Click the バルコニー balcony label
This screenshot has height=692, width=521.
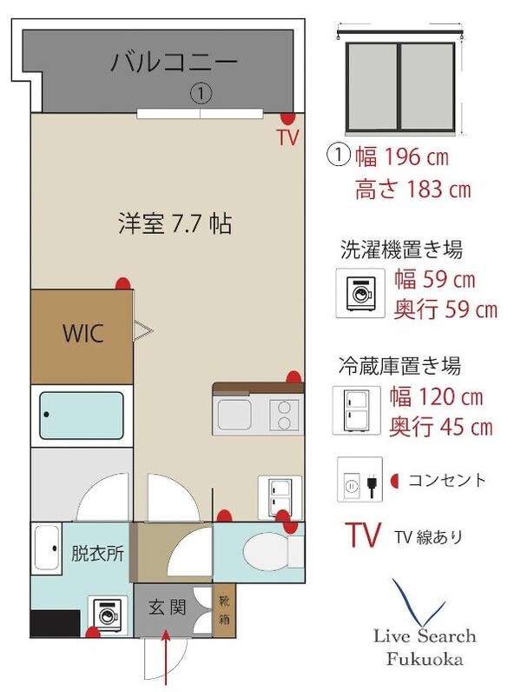pos(174,63)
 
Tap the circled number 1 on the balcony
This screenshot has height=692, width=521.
pos(200,91)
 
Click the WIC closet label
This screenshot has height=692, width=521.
pos(82,333)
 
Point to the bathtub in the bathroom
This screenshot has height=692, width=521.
pos(80,416)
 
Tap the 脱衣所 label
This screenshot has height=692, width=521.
pos(96,554)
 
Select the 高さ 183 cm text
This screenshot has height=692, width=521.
pos(412,190)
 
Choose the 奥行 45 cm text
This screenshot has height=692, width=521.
pos(442,427)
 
